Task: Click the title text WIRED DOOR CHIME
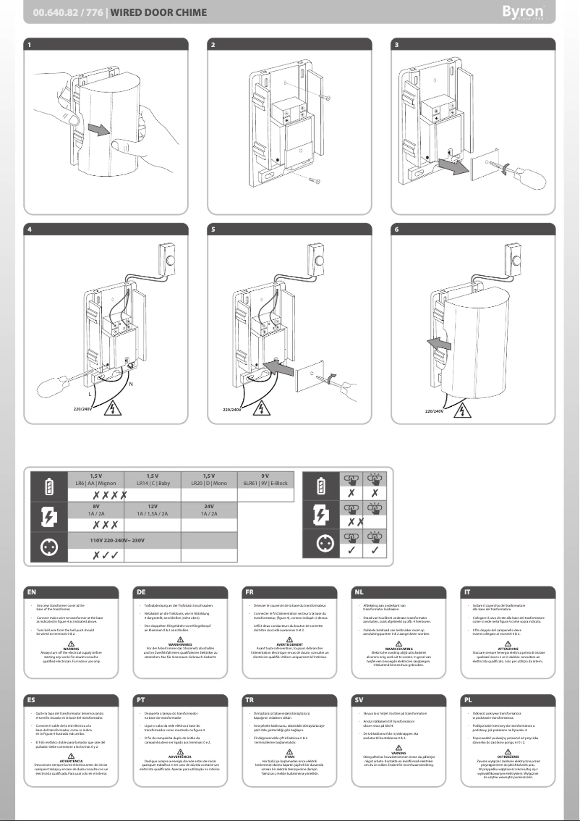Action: (x=158, y=12)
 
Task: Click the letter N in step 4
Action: (x=129, y=383)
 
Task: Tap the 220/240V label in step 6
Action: (x=435, y=410)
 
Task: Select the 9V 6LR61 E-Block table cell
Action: (x=265, y=479)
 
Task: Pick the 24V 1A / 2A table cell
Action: (x=209, y=509)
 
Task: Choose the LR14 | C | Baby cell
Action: (x=153, y=479)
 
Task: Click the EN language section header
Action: (x=31, y=591)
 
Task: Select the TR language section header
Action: (x=250, y=700)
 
